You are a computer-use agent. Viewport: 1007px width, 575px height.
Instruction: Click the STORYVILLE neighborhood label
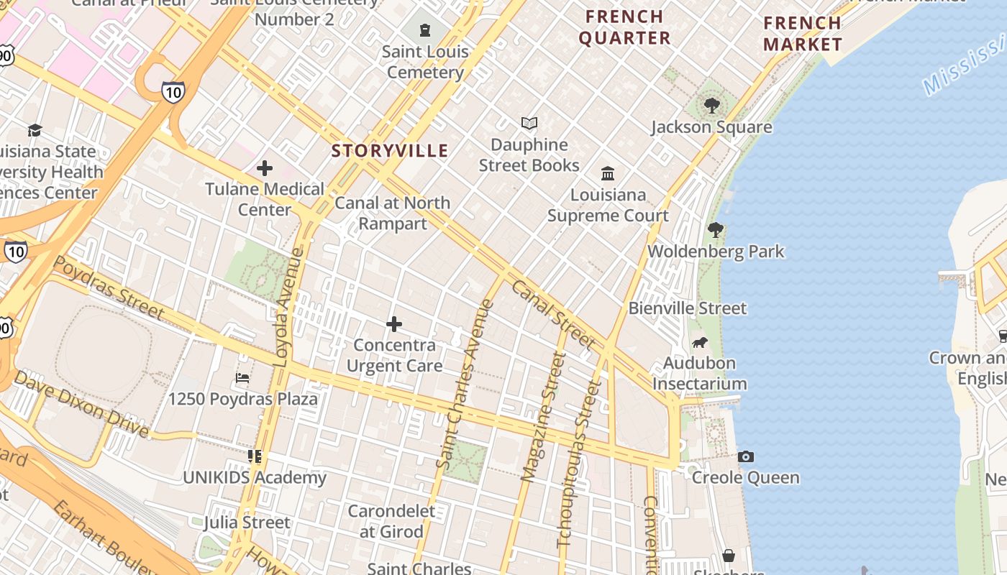tap(390, 151)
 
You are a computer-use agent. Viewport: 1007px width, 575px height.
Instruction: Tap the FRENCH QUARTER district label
tap(624, 27)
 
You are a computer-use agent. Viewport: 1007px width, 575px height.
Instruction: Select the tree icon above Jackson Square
tap(712, 106)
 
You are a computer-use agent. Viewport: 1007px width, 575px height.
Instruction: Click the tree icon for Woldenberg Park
tap(715, 230)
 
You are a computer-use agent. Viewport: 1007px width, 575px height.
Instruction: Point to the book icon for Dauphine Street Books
tap(529, 124)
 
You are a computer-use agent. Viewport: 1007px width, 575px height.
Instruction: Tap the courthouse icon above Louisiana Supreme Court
tap(608, 173)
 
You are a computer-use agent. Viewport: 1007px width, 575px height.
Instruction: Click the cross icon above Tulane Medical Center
tap(265, 168)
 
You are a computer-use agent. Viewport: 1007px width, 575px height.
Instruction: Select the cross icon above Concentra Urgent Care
tap(394, 324)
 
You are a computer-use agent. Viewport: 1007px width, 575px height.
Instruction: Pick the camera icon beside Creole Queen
tap(746, 456)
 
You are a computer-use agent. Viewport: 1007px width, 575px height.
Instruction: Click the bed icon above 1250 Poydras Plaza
tap(243, 377)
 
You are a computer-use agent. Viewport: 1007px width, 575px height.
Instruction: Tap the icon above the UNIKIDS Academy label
tap(255, 456)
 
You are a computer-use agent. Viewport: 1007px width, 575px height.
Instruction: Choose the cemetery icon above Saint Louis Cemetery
tap(425, 30)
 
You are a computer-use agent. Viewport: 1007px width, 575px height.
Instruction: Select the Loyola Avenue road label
tap(288, 308)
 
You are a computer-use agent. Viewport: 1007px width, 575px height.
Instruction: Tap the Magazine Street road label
tap(543, 417)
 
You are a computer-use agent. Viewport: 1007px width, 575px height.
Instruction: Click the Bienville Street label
tap(688, 308)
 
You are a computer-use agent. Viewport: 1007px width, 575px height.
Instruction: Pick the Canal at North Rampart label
tap(393, 213)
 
